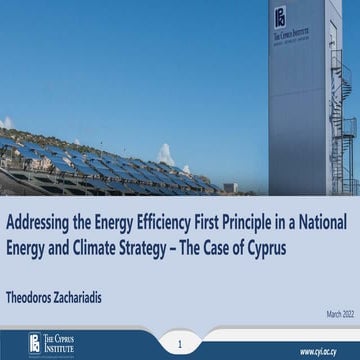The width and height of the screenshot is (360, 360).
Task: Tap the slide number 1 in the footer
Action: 180,343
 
